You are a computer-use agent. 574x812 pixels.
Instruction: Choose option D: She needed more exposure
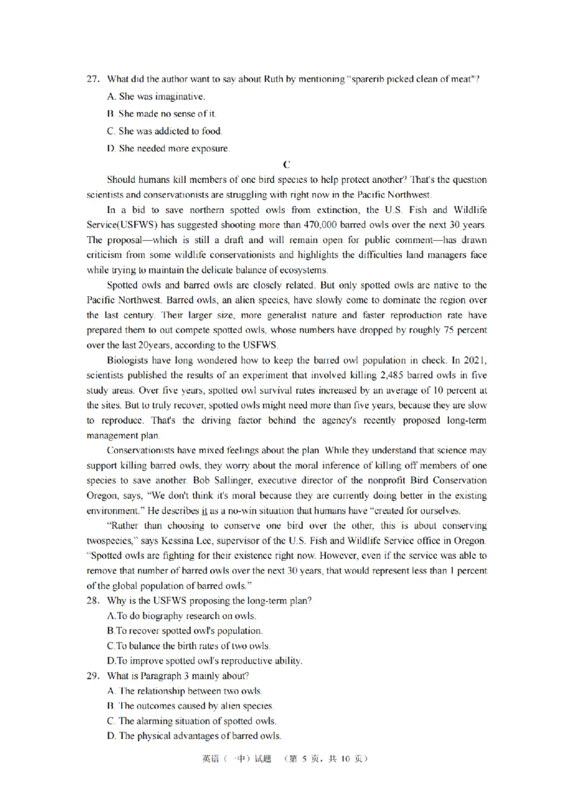168,149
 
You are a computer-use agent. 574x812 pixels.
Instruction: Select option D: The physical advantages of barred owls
193,736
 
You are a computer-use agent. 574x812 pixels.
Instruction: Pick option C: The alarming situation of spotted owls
191,720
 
